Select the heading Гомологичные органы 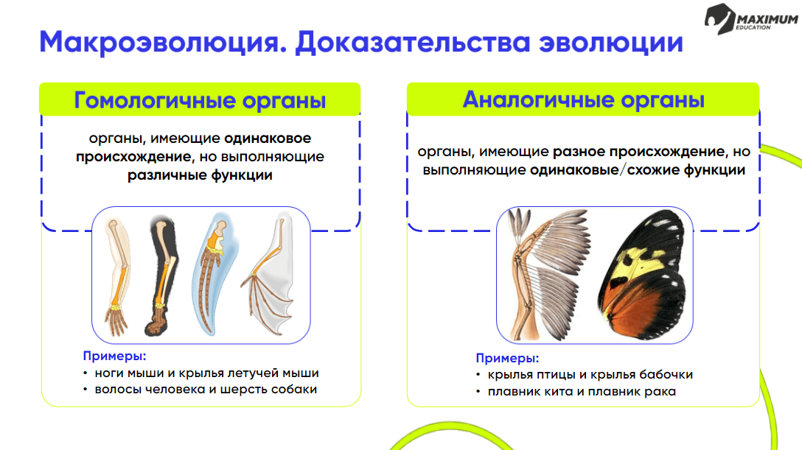(200, 100)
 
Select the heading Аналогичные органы (584, 99)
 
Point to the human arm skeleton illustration (118, 276)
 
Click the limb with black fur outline (162, 276)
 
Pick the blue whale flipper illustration (213, 274)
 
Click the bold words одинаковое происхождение (194, 147)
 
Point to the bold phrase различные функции (200, 175)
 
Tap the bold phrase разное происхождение (639, 152)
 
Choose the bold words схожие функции (686, 170)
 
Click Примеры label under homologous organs (114, 356)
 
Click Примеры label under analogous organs (507, 358)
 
